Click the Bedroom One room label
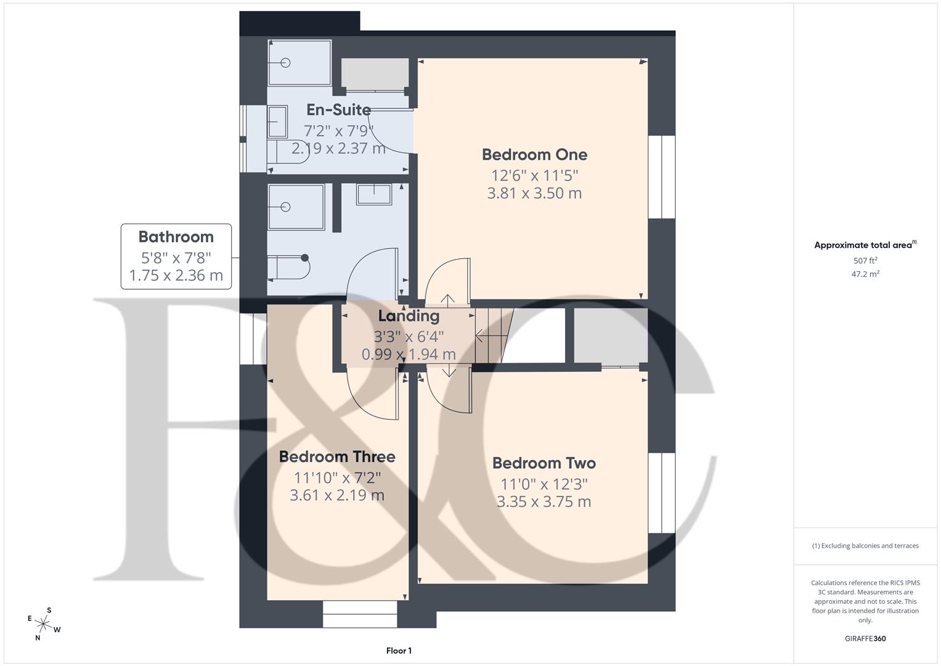534,154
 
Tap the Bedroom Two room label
544,463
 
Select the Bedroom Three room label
337,457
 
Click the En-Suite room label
338,110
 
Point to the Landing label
409,316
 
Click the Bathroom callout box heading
176,237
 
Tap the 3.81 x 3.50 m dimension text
534,193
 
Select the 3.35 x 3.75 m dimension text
544,501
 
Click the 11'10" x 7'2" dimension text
337,477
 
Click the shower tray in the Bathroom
296,207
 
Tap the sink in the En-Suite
277,122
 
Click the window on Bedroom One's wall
661,176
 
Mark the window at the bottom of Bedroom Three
360,614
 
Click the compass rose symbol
44,623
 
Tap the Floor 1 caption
399,651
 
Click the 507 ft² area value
865,261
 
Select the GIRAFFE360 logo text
865,638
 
